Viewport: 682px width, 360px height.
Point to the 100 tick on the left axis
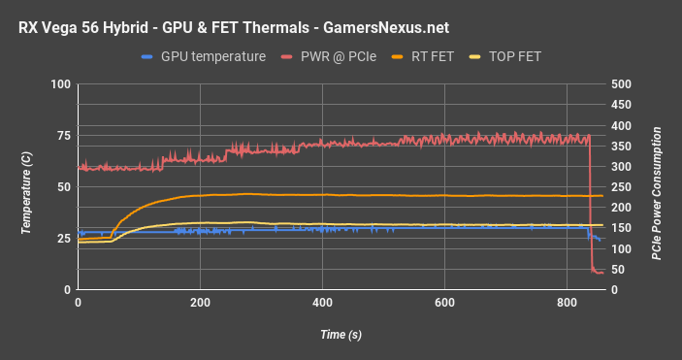tap(60, 85)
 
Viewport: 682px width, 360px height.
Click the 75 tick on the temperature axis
tap(63, 137)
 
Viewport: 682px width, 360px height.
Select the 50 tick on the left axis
tap(63, 188)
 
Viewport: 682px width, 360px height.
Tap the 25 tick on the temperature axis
tap(63, 239)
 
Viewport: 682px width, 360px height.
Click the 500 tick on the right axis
tap(623, 85)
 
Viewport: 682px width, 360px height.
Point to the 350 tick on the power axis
tap(623, 147)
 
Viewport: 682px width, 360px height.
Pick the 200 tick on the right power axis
tap(623, 209)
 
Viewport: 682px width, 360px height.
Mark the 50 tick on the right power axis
tap(620, 270)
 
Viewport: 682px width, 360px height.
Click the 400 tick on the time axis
tap(322, 303)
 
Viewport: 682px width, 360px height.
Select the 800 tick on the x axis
tap(566, 303)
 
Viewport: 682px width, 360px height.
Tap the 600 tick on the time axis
tap(444, 303)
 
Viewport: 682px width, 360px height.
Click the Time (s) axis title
tap(341, 335)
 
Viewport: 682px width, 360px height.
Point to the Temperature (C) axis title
tap(27, 187)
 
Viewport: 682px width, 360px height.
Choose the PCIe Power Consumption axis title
tap(657, 187)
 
